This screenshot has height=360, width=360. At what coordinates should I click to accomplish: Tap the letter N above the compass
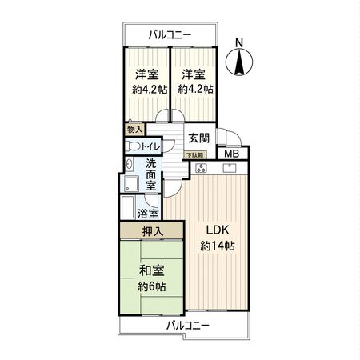(x=240, y=43)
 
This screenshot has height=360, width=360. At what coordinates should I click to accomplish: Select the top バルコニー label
(x=172, y=34)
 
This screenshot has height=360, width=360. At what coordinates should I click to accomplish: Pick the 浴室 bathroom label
(x=148, y=214)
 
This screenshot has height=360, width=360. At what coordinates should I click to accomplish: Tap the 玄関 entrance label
(x=198, y=138)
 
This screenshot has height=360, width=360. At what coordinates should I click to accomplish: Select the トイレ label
(x=151, y=146)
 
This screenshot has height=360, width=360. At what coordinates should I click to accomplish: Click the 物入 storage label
(x=134, y=129)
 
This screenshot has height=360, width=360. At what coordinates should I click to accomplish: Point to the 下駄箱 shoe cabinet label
(x=194, y=154)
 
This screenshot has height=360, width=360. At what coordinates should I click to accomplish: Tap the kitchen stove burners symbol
(x=201, y=168)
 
